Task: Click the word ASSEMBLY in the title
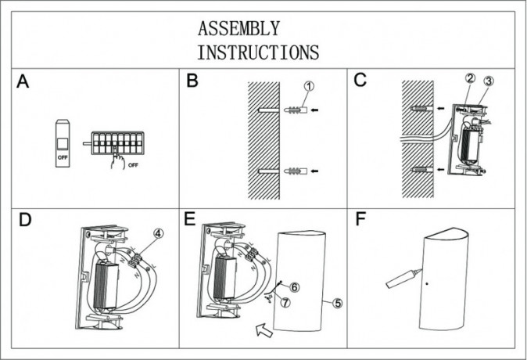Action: (x=238, y=30)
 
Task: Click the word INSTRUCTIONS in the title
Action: (x=258, y=53)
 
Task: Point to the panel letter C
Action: (x=361, y=81)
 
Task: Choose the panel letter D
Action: (x=25, y=220)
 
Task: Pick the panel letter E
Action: (x=190, y=220)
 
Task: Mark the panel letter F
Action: (x=360, y=219)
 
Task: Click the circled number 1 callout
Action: (x=309, y=86)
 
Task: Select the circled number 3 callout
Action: (x=489, y=81)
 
